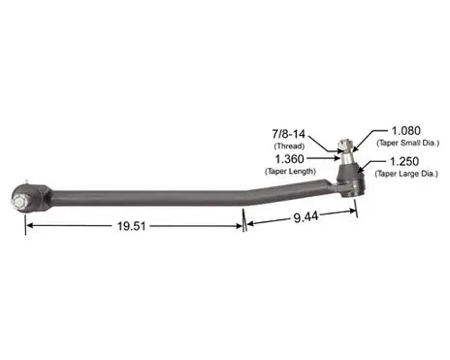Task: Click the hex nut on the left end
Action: click(21, 204)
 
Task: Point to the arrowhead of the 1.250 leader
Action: click(362, 168)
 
